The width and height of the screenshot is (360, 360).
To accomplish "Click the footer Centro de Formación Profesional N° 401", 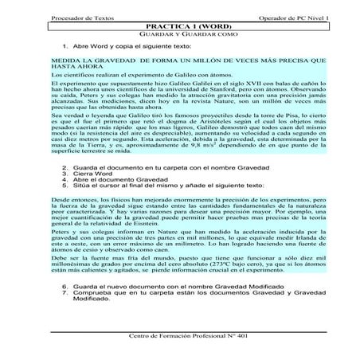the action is [181, 335].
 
